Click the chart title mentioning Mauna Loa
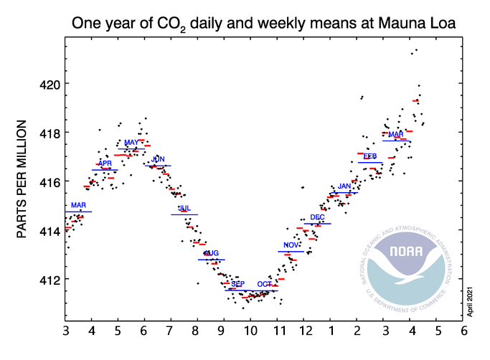(x=264, y=24)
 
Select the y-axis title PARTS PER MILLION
(x=22, y=181)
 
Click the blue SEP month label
(x=237, y=284)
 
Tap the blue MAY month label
(x=131, y=143)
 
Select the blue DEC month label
(x=317, y=217)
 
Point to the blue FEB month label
(x=370, y=156)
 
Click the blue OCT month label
(x=264, y=284)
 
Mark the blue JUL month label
(x=184, y=209)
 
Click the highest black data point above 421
(x=416, y=49)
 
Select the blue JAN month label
(x=344, y=186)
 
